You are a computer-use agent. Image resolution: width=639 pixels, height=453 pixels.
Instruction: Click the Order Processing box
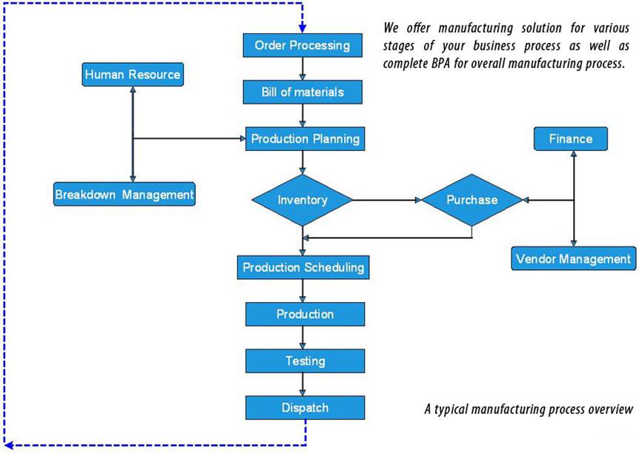302,45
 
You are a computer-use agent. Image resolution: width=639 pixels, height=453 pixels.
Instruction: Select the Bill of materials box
302,92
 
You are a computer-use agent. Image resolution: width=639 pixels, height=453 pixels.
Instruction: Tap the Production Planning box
305,139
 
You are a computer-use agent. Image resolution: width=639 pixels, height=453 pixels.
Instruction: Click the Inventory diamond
302,200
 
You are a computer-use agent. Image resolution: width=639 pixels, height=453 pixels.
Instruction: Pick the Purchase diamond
472,200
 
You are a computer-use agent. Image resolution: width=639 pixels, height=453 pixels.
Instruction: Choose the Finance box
571,139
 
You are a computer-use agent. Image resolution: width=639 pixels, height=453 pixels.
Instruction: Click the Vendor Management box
573,258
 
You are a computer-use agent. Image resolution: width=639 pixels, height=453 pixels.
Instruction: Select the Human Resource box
133,75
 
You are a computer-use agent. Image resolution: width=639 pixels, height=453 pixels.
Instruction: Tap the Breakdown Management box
125,194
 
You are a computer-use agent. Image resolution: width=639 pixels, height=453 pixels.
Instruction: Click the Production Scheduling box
303,267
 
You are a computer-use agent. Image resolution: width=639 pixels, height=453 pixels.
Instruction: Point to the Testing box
305,361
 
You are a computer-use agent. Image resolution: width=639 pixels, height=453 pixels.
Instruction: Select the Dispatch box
305,408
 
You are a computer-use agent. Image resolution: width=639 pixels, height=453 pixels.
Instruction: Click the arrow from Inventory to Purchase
387,200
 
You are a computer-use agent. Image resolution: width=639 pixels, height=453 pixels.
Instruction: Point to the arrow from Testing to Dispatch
302,385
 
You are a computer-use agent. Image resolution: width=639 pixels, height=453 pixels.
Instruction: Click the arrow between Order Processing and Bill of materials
302,69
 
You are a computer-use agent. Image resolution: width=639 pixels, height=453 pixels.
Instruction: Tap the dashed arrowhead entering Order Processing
302,28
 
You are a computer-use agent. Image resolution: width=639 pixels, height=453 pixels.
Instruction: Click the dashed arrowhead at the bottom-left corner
8,445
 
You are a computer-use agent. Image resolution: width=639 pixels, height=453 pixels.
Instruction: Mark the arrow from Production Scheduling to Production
302,291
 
